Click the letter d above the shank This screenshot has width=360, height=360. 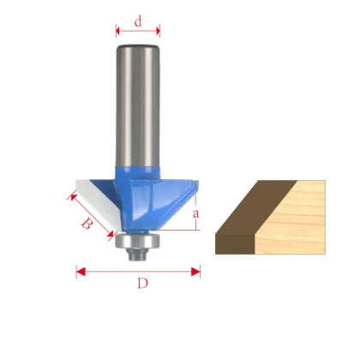point(138,22)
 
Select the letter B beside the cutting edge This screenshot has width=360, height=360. point(87,225)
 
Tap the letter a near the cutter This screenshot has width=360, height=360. point(196,213)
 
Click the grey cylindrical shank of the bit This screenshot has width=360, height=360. point(137,103)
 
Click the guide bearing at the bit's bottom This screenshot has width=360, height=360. point(136,245)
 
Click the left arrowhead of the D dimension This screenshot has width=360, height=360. point(81,272)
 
